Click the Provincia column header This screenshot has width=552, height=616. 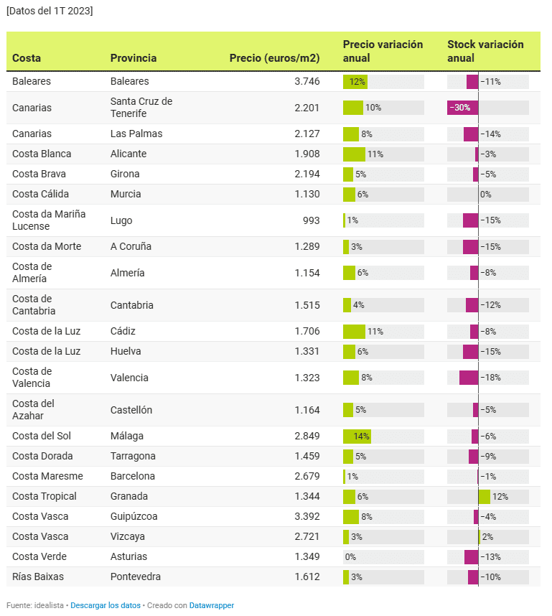click(x=133, y=58)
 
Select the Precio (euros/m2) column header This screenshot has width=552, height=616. click(x=274, y=58)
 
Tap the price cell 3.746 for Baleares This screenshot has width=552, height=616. click(x=307, y=81)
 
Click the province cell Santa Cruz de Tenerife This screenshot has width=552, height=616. click(x=141, y=108)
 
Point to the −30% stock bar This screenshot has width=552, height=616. click(x=462, y=108)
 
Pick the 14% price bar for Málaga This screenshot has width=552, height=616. click(x=357, y=436)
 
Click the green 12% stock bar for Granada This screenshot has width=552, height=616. click(x=485, y=496)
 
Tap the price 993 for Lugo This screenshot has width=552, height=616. click(x=311, y=220)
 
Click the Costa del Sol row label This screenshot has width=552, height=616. click(x=42, y=436)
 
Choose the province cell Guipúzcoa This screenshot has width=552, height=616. click(x=134, y=516)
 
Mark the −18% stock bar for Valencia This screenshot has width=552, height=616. click(x=469, y=378)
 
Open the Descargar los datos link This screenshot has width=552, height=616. click(x=106, y=605)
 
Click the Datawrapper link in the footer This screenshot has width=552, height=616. click(x=211, y=605)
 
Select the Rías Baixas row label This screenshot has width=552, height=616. click(x=37, y=577)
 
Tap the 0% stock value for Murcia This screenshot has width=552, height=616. click(x=485, y=194)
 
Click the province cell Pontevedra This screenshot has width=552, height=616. click(x=135, y=577)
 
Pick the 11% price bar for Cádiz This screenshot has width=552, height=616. click(x=354, y=331)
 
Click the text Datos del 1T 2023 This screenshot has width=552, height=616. click(x=50, y=11)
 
